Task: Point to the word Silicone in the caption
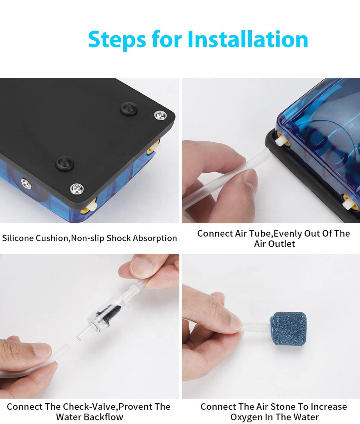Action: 18,238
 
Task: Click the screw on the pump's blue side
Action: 26,184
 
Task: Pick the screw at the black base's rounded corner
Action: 160,115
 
